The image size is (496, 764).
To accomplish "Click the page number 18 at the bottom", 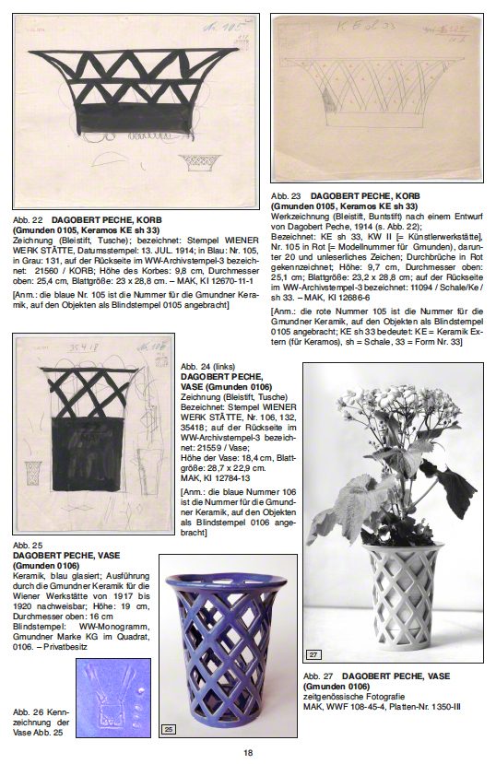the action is pos(248,752).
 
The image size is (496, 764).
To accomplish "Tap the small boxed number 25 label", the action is pos(169,730).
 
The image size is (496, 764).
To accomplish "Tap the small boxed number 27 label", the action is pos(313,655).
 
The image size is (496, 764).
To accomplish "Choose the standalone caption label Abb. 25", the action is pos(27,547).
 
